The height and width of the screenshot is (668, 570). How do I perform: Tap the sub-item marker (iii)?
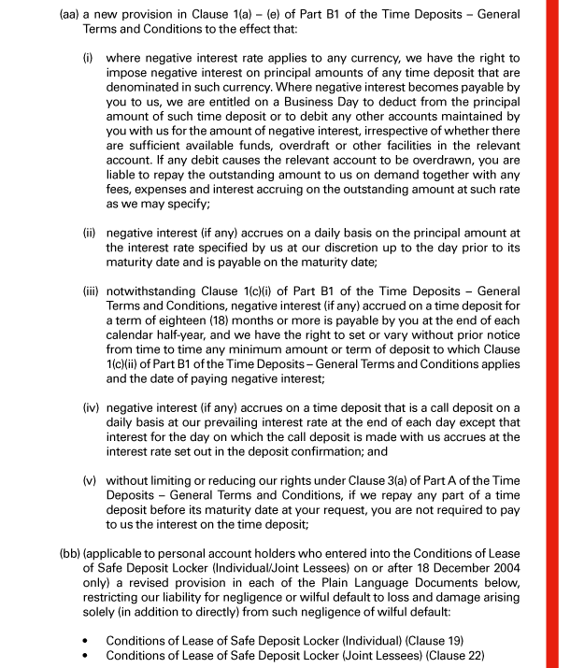click(92, 345)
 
